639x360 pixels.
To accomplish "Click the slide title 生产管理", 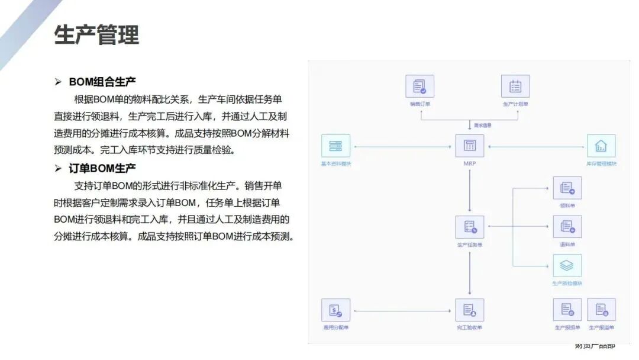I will [96, 35].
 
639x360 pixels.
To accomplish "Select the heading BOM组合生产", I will [102, 82].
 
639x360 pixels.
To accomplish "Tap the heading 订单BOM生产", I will [102, 168].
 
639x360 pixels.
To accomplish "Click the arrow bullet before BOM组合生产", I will [58, 82].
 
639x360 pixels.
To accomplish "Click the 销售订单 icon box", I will [419, 86].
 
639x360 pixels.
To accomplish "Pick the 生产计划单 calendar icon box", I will [515, 86].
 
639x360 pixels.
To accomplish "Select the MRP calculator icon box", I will [470, 146].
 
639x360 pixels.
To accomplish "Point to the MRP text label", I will [470, 163].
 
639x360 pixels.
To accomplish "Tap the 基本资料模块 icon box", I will [335, 146].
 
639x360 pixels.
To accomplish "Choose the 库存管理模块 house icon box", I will [601, 146].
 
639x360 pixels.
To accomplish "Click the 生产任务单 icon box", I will [470, 227].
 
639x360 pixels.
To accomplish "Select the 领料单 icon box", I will [567, 188].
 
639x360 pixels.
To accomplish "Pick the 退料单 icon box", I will [567, 227].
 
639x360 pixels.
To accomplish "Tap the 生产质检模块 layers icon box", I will [567, 266].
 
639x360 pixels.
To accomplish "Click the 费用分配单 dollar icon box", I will [335, 310].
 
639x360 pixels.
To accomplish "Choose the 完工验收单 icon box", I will [470, 310].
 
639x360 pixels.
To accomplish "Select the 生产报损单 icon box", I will [567, 310].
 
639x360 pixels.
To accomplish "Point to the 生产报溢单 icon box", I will [601, 310].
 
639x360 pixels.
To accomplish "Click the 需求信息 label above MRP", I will [483, 125].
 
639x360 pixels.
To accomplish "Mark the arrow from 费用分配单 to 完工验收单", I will [402, 310].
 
